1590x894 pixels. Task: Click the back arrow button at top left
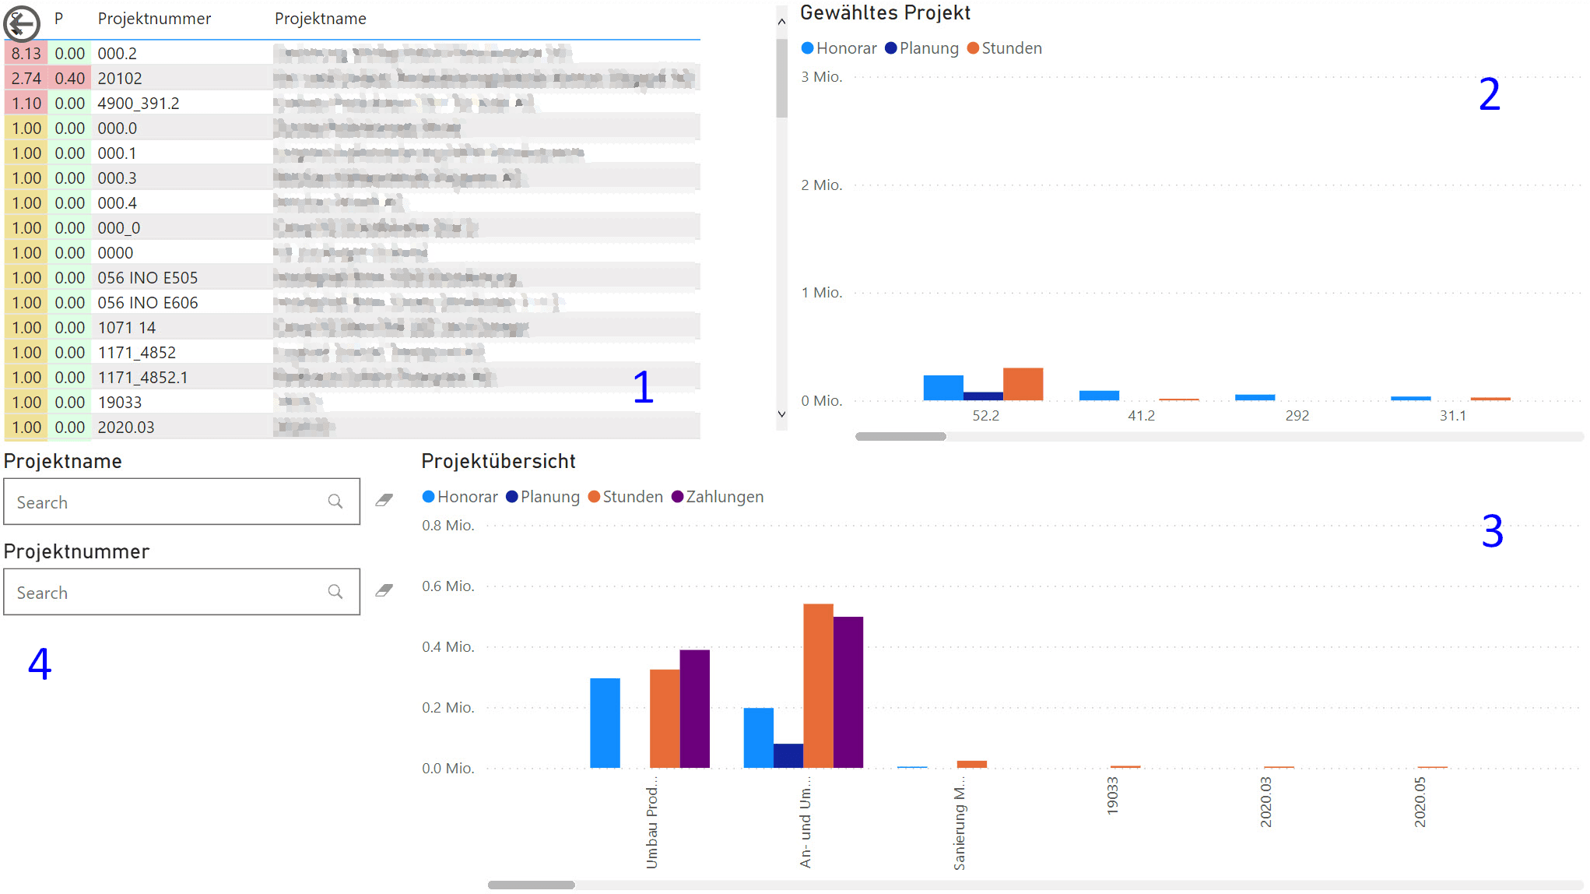click(x=21, y=23)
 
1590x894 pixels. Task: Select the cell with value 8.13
click(x=26, y=54)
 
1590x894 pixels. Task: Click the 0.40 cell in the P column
click(x=69, y=79)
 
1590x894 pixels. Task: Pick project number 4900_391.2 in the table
click(x=139, y=104)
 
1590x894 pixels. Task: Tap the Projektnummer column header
click(x=154, y=19)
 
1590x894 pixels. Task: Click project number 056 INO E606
click(x=148, y=303)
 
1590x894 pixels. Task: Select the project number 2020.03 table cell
click(x=126, y=428)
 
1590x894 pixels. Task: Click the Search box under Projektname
click(x=167, y=502)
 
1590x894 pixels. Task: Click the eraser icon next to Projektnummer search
click(x=384, y=591)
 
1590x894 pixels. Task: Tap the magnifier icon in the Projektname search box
click(x=335, y=502)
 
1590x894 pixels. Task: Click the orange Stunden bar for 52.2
click(x=1023, y=384)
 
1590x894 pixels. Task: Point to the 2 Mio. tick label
click(x=821, y=185)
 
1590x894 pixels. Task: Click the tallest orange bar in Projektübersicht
click(x=818, y=685)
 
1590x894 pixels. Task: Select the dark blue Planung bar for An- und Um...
click(x=788, y=756)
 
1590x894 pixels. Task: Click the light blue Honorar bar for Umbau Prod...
click(x=605, y=723)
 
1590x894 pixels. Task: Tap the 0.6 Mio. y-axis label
click(x=448, y=586)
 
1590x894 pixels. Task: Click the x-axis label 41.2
click(x=1141, y=416)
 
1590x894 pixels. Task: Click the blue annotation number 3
click(x=1491, y=532)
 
